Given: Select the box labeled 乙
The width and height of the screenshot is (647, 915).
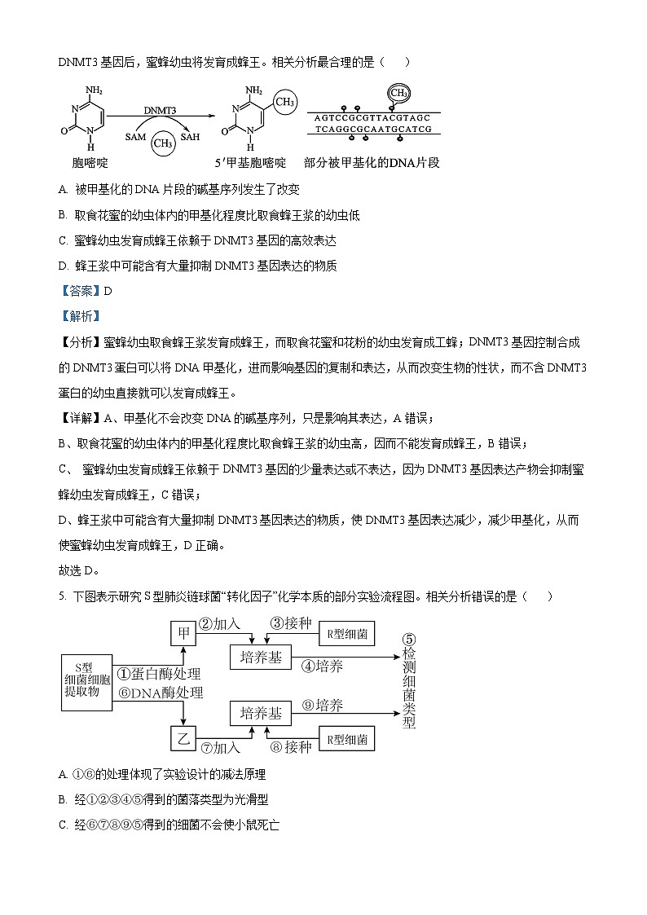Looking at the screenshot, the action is [183, 739].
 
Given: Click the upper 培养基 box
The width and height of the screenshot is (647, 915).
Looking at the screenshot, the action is [262, 658].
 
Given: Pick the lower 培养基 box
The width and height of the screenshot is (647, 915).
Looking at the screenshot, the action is [262, 714].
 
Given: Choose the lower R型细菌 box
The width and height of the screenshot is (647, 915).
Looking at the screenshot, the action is [346, 740].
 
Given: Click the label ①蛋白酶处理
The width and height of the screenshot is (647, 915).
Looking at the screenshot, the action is [158, 674].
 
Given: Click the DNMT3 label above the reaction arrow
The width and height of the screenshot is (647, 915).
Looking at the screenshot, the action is [161, 109].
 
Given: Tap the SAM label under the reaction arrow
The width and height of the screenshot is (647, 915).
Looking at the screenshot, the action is [135, 138].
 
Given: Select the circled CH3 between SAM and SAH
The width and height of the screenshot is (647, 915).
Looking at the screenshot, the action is [164, 143].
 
